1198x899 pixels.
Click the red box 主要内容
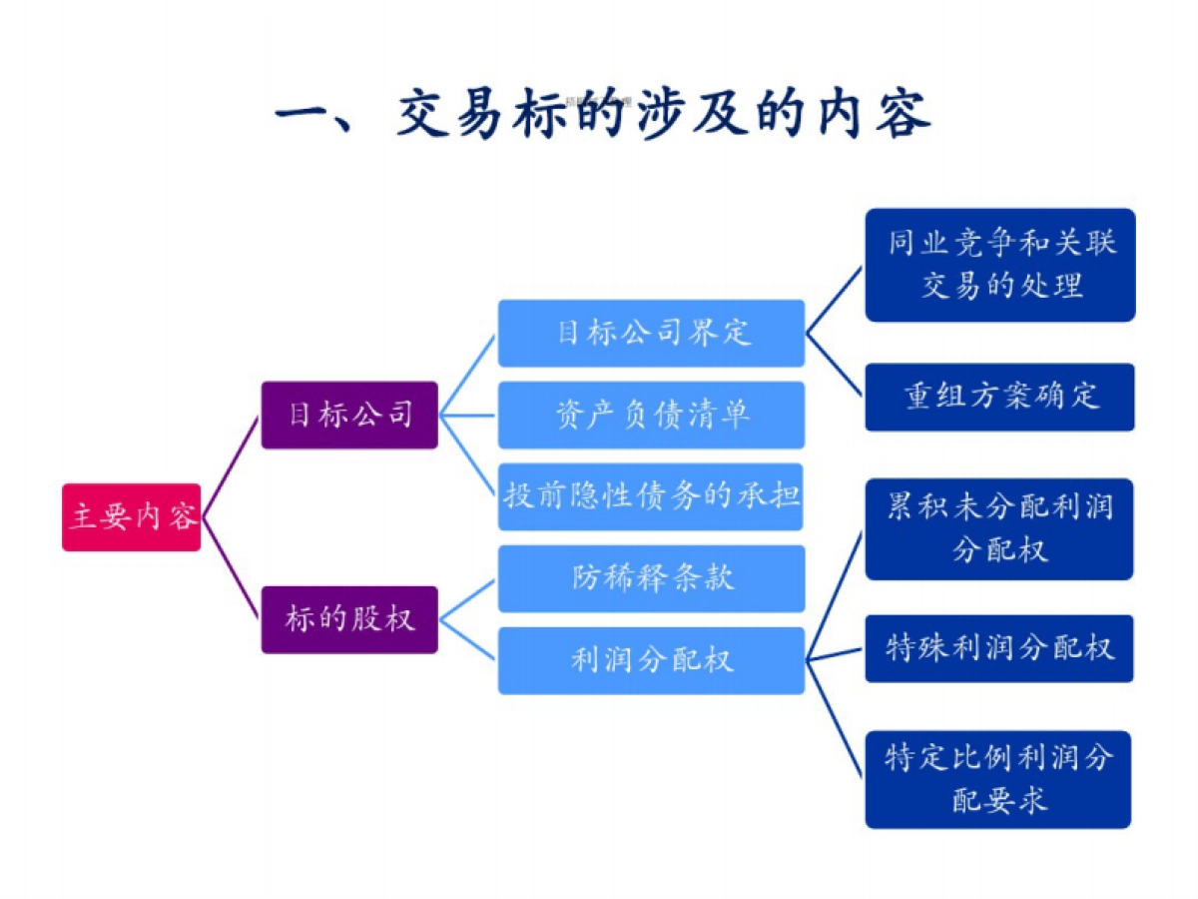click(132, 517)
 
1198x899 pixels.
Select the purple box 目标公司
click(349, 415)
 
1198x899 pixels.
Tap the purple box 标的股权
click(349, 619)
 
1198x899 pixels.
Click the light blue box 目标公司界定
click(651, 333)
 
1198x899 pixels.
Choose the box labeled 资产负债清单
click(651, 415)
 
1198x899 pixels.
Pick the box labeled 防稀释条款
click(651, 578)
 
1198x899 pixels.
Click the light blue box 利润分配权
click(651, 660)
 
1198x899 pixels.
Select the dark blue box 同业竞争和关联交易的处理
click(999, 265)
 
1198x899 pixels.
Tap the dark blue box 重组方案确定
click(999, 397)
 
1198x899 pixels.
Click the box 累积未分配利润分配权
click(999, 528)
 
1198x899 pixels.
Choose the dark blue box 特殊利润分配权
click(999, 648)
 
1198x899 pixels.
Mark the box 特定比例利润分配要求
click(999, 779)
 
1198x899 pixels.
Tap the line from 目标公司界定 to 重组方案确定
click(835, 365)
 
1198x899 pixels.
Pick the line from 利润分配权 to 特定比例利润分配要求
click(835, 717)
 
